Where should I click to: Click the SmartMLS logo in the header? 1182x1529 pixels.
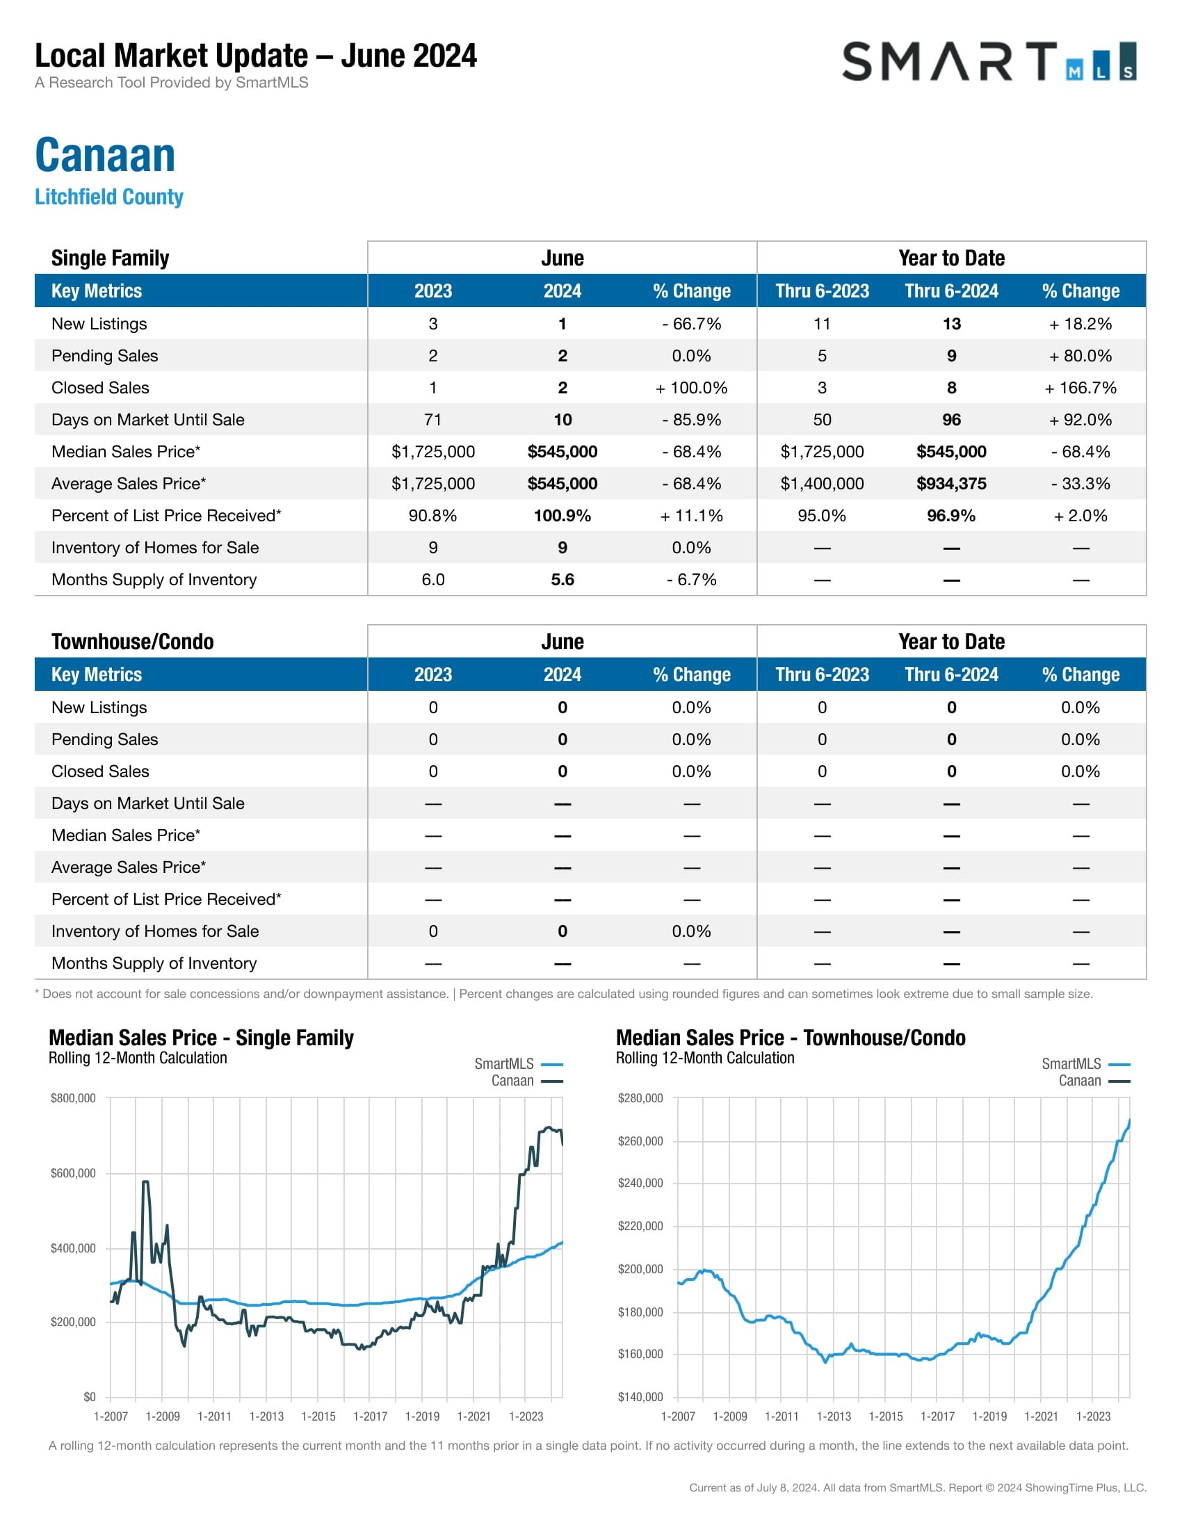tap(988, 62)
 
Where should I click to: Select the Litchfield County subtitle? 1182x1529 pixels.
tap(109, 197)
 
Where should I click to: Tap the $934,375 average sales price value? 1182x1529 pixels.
tap(951, 484)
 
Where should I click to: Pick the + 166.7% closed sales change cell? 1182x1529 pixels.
tap(1080, 388)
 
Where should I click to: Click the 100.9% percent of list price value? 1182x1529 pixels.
tap(562, 516)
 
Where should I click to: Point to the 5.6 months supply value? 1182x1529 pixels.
tap(562, 580)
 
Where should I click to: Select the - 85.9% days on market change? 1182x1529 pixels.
tap(691, 420)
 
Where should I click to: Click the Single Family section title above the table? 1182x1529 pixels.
tap(110, 258)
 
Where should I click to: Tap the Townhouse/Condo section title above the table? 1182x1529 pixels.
tap(132, 641)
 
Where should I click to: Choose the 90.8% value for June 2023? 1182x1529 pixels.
tap(432, 516)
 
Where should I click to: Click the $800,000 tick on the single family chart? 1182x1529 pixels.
tap(73, 1097)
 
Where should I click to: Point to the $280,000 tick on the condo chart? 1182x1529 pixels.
tap(640, 1097)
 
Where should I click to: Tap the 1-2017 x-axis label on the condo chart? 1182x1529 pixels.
tap(938, 1416)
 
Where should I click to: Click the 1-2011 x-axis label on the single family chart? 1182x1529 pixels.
tap(214, 1416)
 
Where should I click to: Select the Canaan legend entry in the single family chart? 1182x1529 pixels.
tap(512, 1081)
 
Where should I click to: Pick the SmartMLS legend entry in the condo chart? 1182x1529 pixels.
tap(1071, 1064)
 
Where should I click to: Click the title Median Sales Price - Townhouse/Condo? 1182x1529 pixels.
tap(791, 1038)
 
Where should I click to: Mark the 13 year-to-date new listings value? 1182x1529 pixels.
tap(951, 324)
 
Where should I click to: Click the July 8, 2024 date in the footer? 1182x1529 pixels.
tap(787, 1488)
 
